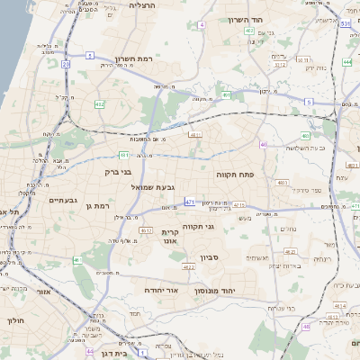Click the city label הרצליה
click(x=143, y=5)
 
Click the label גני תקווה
click(x=198, y=228)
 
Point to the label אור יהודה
click(x=162, y=292)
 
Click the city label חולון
click(x=15, y=319)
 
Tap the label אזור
click(x=45, y=292)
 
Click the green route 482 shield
click(x=98, y=105)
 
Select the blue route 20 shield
click(x=66, y=64)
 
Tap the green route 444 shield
click(x=347, y=63)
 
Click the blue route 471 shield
click(x=190, y=203)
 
